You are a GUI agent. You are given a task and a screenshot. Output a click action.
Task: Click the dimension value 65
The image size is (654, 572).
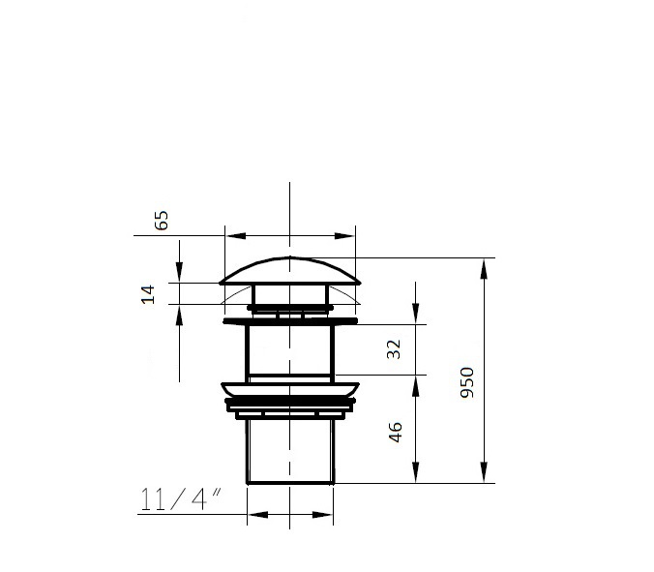click(x=162, y=221)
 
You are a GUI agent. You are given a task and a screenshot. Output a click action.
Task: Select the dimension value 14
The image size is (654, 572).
click(x=148, y=294)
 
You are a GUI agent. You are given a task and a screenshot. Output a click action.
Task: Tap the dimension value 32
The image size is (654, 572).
click(x=394, y=349)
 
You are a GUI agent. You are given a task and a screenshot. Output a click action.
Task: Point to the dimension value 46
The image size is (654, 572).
click(x=395, y=432)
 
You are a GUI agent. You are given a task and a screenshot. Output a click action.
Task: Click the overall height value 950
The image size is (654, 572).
click(x=467, y=382)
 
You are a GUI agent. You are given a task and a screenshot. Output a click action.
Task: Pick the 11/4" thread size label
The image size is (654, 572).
click(x=180, y=499)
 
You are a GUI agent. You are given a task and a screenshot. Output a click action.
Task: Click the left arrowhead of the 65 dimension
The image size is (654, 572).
click(x=236, y=236)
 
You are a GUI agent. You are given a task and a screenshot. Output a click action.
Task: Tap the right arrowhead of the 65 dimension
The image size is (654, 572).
click(x=344, y=236)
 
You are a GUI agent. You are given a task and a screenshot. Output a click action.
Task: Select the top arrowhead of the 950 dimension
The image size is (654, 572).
click(x=484, y=269)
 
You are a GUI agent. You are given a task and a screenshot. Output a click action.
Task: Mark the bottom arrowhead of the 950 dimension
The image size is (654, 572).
click(x=484, y=472)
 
